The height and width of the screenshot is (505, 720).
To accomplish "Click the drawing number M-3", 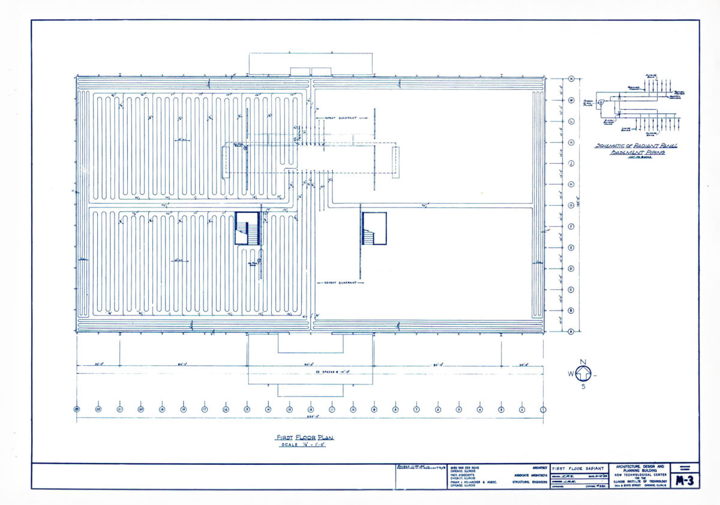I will tap(685, 480).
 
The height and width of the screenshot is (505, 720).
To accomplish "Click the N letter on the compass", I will tap(581, 362).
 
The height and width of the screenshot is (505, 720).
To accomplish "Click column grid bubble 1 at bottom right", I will tap(543, 410).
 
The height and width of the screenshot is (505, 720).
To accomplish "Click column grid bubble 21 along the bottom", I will tap(119, 410).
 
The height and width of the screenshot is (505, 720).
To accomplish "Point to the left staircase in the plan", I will tap(247, 229).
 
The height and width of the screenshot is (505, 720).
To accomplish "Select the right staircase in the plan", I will tap(374, 229).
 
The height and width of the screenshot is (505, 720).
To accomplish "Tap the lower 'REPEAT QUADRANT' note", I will tap(340, 282).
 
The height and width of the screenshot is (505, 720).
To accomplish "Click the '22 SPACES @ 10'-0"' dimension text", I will tap(310, 373).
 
